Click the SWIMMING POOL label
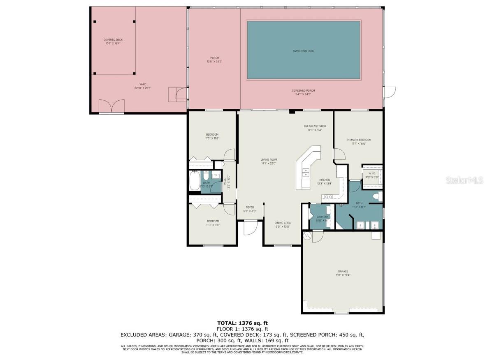303,51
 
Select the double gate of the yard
111,106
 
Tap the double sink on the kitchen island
306,173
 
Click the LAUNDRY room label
323,218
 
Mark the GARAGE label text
343,273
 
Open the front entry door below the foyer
250,228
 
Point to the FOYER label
250,209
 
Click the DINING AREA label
283,224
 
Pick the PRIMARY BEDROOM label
359,141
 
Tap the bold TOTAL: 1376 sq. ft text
242,323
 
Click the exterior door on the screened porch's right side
389,92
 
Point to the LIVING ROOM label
269,161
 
